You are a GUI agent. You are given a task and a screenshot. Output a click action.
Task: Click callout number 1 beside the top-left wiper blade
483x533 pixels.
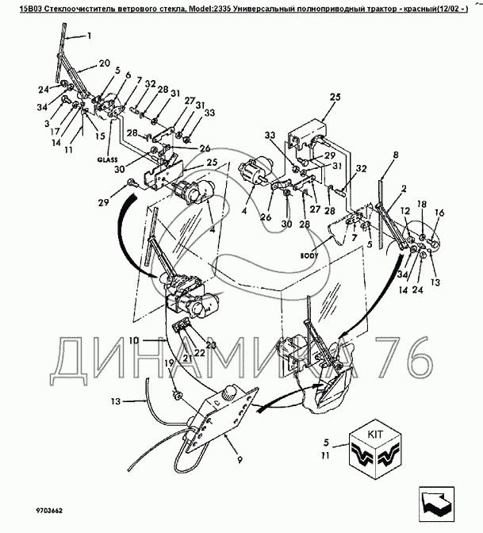click(x=89, y=36)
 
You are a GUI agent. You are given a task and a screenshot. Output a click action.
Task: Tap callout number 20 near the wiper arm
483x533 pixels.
click(x=105, y=63)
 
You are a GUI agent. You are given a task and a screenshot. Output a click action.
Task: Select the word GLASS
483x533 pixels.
click(x=107, y=159)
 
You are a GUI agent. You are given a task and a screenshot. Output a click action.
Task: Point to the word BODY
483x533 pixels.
click(x=309, y=255)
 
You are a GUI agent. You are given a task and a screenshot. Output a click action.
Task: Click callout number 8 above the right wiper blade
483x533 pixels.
click(x=395, y=155)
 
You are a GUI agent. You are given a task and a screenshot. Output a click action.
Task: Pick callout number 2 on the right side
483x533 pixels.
click(x=404, y=188)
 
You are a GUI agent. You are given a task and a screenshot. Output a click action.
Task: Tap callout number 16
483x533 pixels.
click(x=439, y=213)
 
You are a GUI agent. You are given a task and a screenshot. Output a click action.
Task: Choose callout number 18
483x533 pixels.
click(x=421, y=204)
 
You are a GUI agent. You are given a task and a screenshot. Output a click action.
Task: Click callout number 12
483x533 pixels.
click(x=405, y=211)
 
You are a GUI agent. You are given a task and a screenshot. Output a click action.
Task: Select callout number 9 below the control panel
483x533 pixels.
click(x=240, y=460)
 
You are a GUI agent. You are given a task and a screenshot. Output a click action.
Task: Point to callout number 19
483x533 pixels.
click(x=169, y=363)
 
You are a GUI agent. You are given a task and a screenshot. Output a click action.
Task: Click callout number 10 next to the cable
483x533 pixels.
click(x=134, y=340)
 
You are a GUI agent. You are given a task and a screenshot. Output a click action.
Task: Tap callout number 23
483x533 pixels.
click(x=211, y=345)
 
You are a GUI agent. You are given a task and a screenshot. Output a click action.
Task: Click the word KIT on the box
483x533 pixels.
click(x=375, y=435)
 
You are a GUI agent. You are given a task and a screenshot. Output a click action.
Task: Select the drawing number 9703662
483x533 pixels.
click(x=49, y=511)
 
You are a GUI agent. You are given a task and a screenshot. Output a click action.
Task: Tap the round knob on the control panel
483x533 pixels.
click(x=228, y=392)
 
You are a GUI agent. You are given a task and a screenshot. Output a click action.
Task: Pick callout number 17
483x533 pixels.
click(x=56, y=131)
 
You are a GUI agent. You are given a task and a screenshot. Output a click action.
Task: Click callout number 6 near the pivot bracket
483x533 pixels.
click(x=128, y=75)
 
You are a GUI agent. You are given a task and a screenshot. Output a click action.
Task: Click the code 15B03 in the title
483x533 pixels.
click(x=31, y=10)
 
